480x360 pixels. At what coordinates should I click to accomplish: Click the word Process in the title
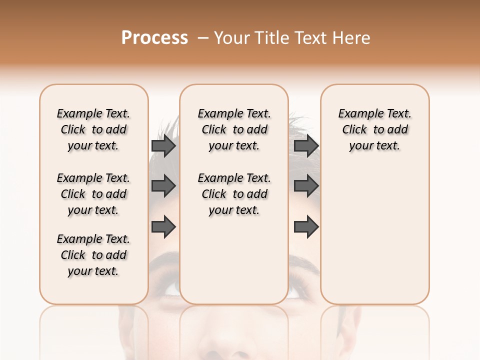(154, 38)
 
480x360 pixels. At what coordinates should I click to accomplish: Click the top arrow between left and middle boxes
(163, 146)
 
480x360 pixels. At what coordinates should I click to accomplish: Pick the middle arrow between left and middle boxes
(163, 186)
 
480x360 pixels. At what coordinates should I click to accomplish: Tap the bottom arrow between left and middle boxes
(163, 227)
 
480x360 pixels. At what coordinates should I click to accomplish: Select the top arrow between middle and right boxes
(306, 146)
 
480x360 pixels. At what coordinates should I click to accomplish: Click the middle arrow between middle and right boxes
(306, 186)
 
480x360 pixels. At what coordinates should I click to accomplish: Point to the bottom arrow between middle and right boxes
(306, 227)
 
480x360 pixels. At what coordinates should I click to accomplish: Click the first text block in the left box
(93, 129)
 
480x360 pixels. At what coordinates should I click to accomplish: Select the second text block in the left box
(93, 194)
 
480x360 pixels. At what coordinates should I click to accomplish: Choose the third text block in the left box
(93, 255)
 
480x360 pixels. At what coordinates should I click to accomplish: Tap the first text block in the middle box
(234, 129)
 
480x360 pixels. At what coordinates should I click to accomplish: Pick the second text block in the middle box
(234, 194)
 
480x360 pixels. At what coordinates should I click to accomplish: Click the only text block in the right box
(374, 129)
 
